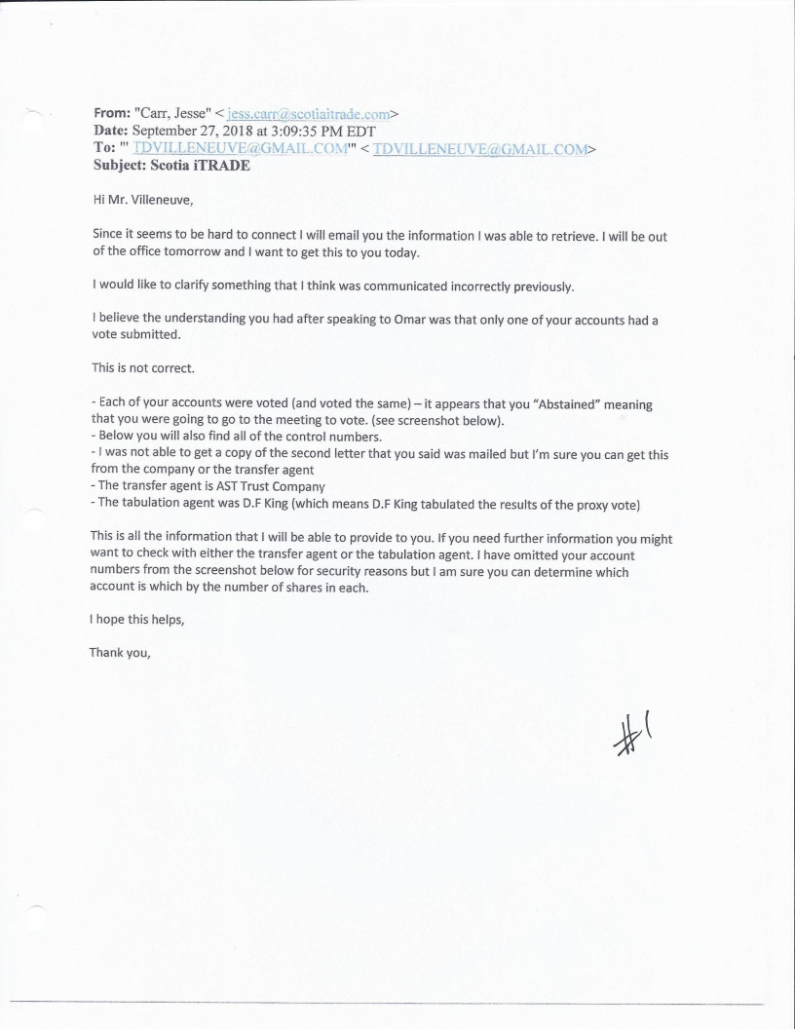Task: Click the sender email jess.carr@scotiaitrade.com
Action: pos(302,113)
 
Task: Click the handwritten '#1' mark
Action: pos(629,732)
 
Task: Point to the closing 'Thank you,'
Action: pos(120,652)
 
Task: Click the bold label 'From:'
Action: pos(113,113)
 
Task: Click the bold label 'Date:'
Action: pos(110,131)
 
